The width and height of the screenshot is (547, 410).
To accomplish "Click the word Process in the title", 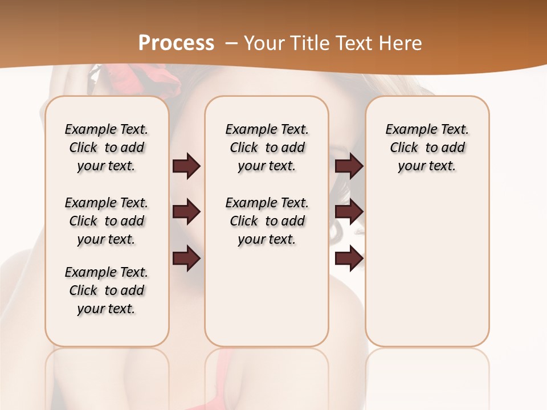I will pos(176,43).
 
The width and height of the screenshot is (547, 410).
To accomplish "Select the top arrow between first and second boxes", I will pos(186,166).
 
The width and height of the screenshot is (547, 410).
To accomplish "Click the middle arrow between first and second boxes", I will pos(186,212).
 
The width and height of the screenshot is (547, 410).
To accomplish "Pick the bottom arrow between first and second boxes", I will pos(186,259).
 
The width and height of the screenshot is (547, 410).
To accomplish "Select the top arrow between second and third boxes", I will pos(349,166).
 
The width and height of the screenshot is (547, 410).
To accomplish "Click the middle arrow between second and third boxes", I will pos(349,212).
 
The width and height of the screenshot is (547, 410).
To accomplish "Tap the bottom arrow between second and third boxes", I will pos(349,259).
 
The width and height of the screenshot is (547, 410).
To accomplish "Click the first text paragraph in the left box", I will pos(107,147).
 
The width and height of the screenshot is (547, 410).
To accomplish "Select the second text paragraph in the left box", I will pos(107,221).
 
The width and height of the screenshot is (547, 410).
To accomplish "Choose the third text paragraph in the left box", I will pos(107,290).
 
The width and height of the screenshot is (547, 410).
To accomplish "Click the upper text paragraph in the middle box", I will pos(267,147).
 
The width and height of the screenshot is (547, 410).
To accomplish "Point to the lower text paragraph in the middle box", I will pos(267,221).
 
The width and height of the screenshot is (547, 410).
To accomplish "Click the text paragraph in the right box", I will pos(427,147).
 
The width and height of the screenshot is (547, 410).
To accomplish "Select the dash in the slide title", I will pos(232,43).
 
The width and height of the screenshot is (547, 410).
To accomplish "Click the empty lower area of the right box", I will pos(427,268).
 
